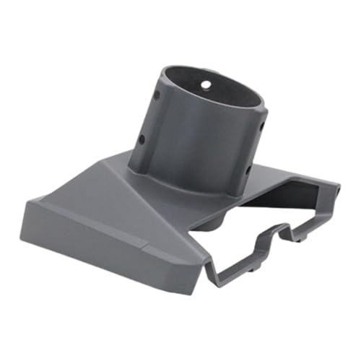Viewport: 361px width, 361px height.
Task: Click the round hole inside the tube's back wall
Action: click(x=206, y=84)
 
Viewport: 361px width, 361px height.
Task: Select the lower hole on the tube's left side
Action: click(x=142, y=138)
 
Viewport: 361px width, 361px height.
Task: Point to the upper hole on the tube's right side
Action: click(x=262, y=125)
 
